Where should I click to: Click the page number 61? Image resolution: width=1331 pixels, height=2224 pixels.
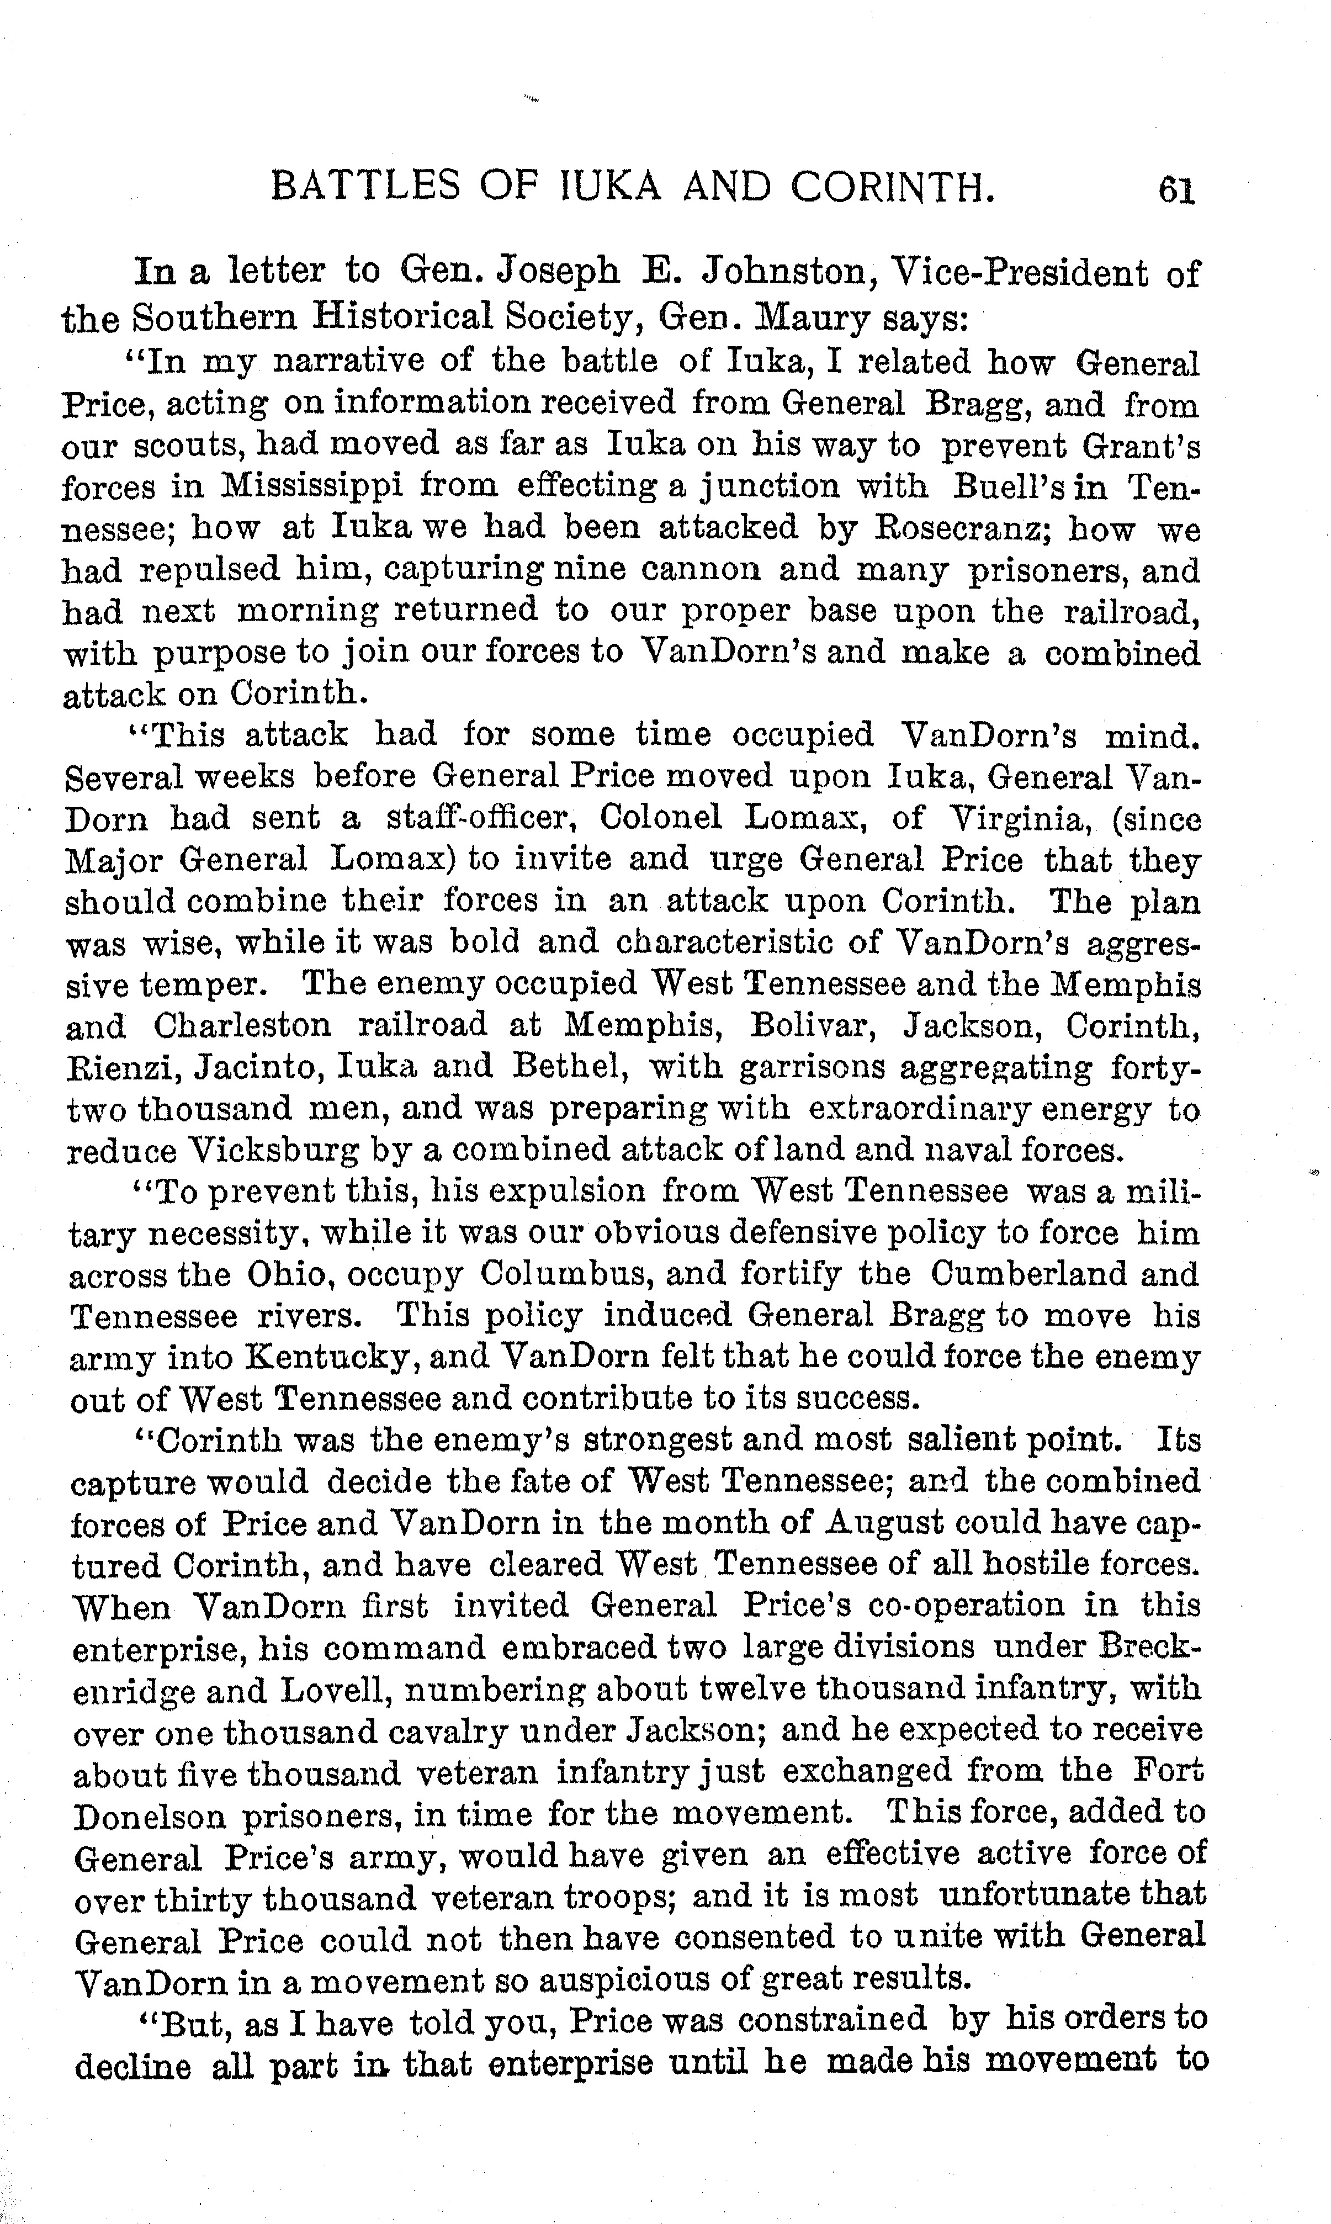tap(1176, 190)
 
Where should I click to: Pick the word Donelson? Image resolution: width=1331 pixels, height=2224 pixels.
tap(150, 1818)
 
